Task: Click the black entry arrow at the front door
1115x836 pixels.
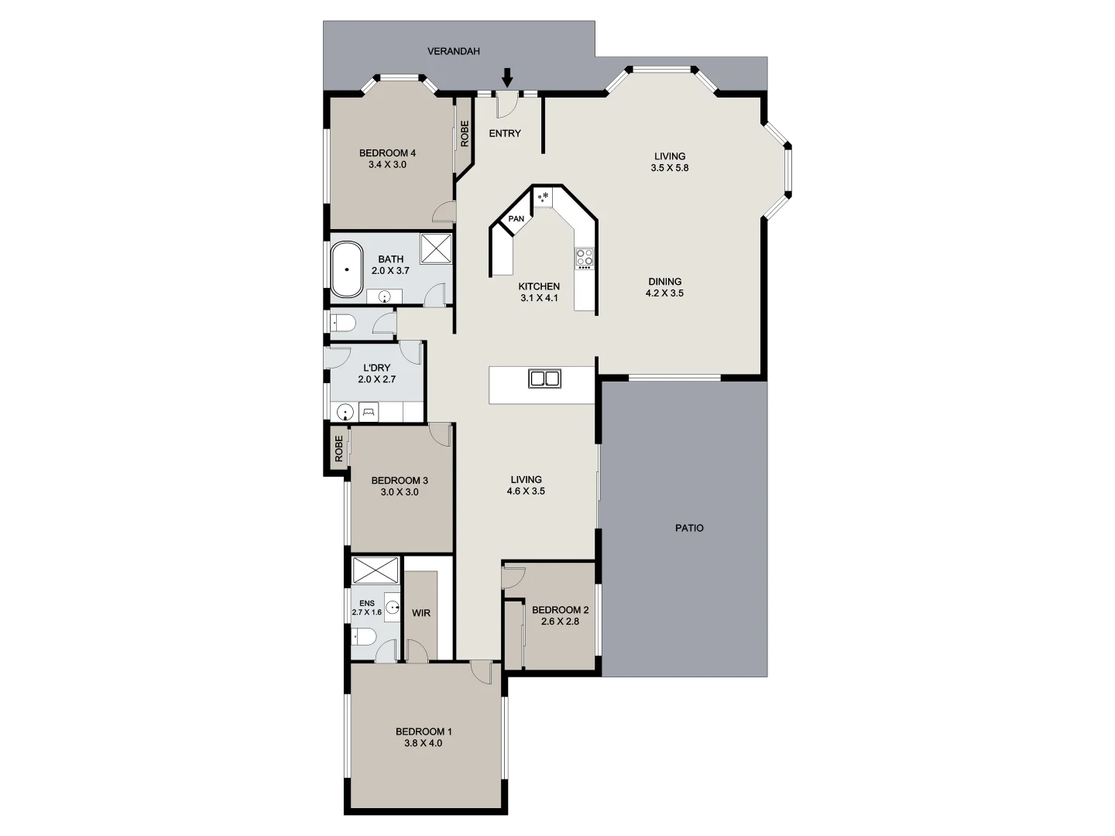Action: pos(507,77)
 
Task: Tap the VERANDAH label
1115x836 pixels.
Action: pos(454,51)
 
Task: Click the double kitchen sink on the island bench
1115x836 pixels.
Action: pos(544,379)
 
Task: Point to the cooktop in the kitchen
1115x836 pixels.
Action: pos(584,257)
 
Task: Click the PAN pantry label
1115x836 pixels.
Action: pos(516,219)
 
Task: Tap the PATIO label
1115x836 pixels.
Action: pos(689,528)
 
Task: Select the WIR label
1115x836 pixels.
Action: pos(420,613)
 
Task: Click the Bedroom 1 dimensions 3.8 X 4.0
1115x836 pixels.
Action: pos(423,743)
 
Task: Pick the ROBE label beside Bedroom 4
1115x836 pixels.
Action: pos(465,133)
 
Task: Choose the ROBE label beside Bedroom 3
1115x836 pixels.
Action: pos(338,449)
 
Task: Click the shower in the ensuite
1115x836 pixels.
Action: pos(376,570)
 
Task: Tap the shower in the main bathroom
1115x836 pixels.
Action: pos(437,248)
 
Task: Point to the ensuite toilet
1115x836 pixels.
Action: pos(364,638)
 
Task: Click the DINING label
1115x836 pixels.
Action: pos(664,282)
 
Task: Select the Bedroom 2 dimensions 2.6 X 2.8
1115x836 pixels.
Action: pos(561,622)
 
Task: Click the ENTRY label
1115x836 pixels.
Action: pos(505,133)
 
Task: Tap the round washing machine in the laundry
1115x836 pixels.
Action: pos(346,413)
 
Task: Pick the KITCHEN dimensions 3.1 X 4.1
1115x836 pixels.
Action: pos(539,298)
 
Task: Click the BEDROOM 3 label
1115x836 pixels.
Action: pos(400,480)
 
